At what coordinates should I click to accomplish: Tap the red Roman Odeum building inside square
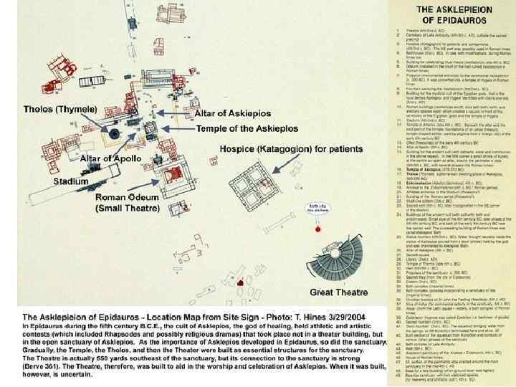(173, 174)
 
